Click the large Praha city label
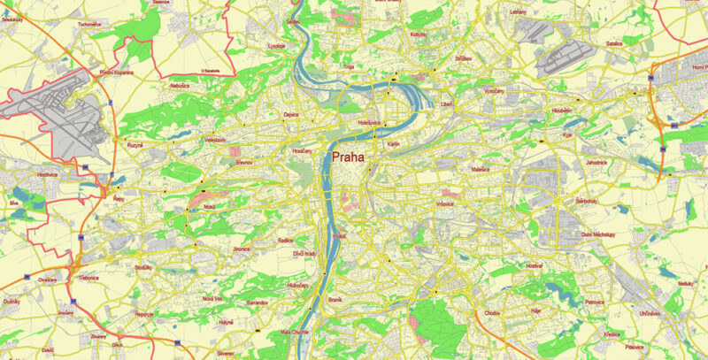(349, 156)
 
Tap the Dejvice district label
(291, 115)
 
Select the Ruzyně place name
(134, 144)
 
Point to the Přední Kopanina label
(116, 73)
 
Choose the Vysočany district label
(494, 91)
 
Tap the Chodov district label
(493, 313)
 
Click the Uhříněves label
(651, 314)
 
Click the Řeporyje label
(144, 314)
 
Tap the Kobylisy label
(419, 34)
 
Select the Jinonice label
(242, 250)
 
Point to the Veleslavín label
(215, 140)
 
